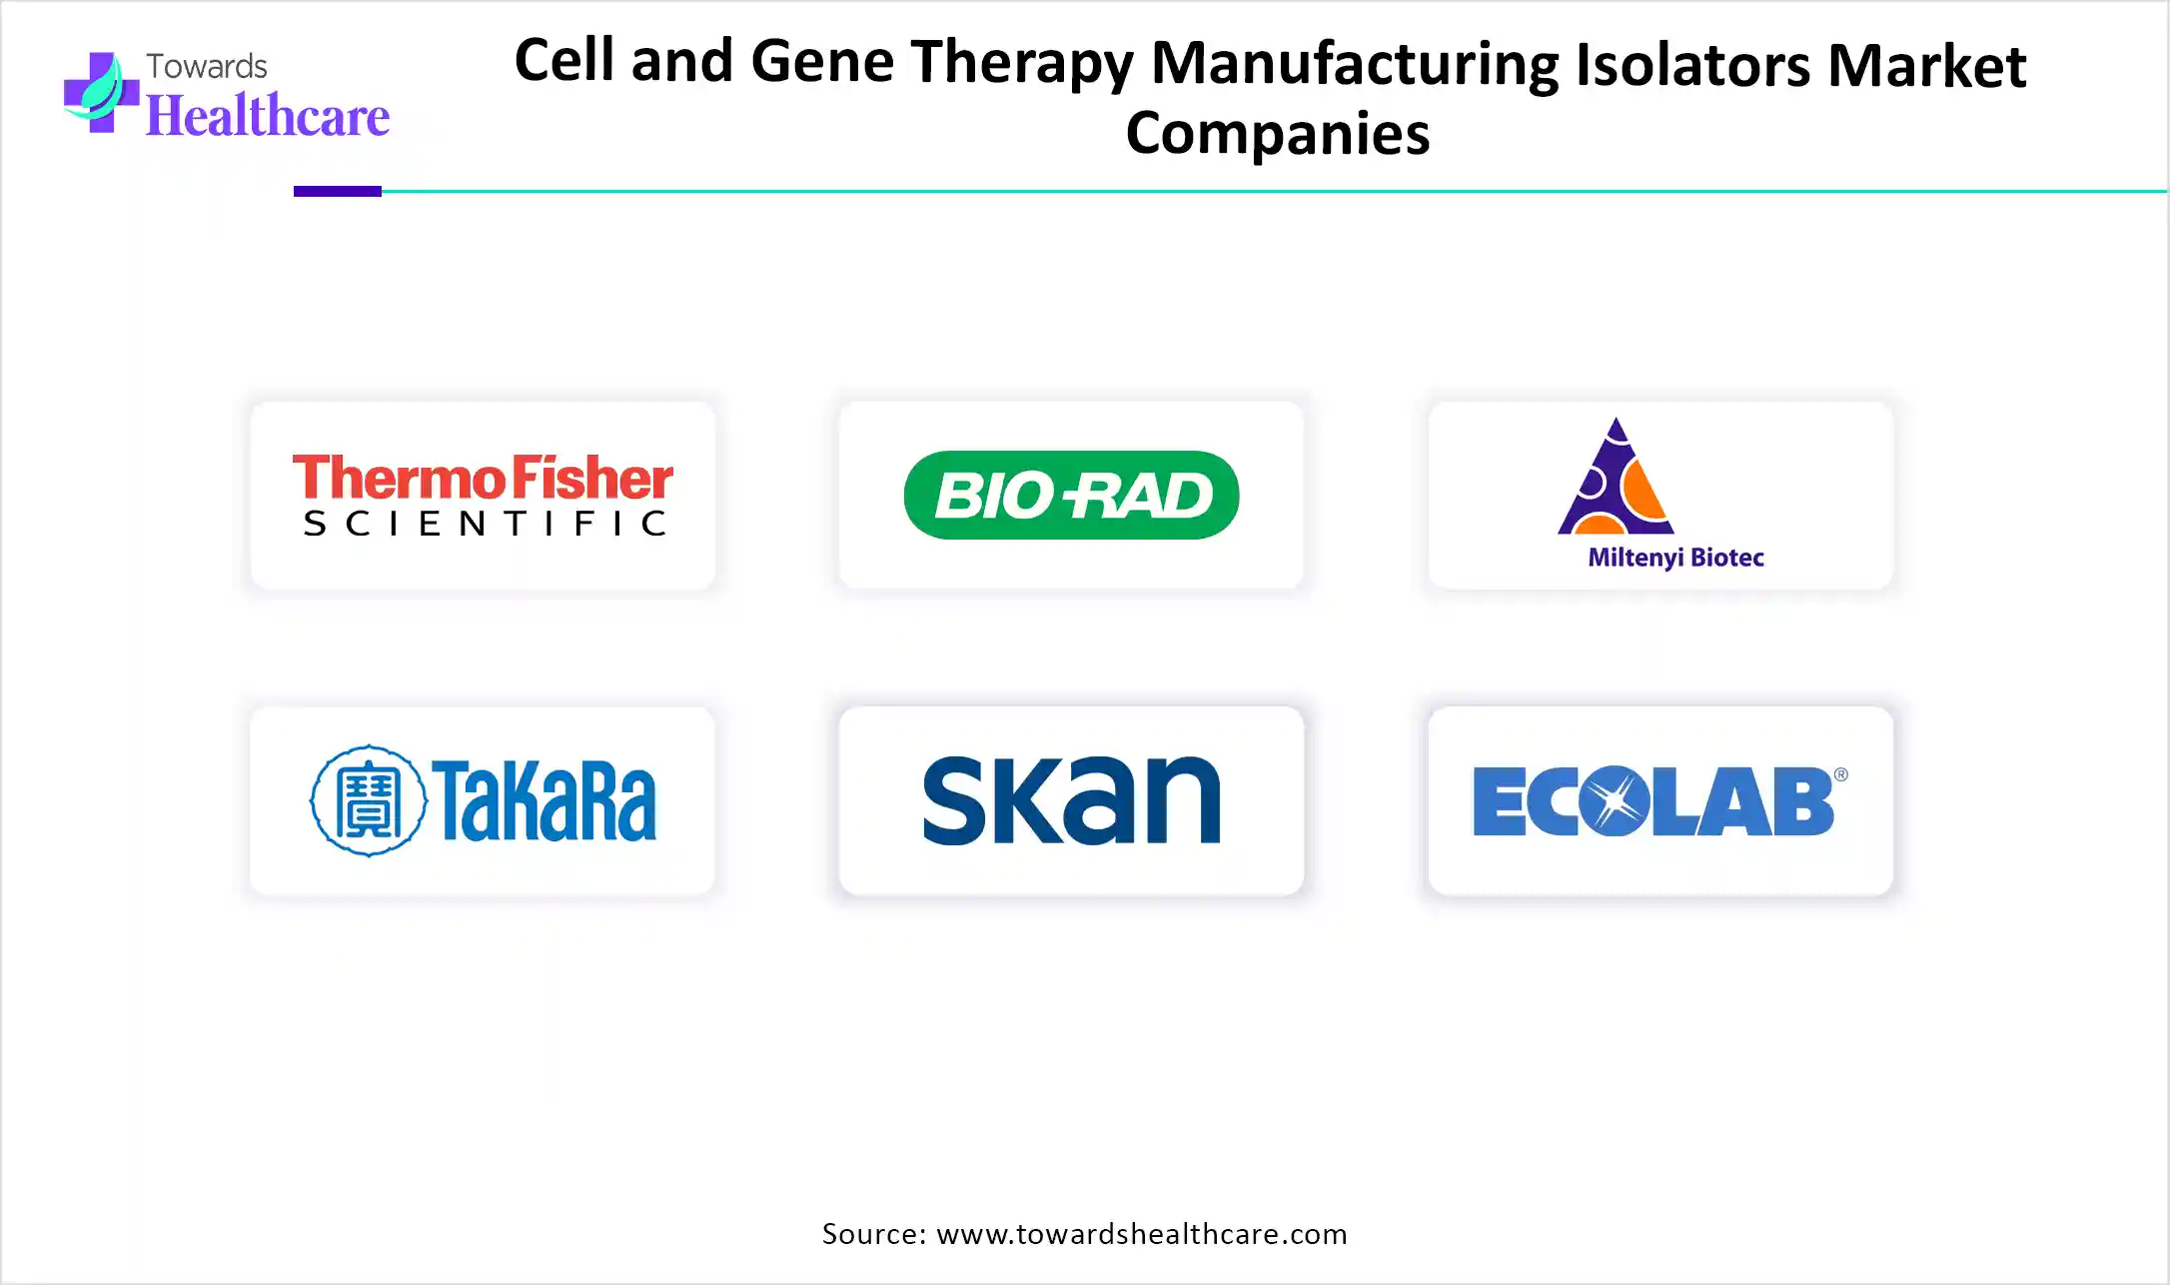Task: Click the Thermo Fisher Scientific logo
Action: pos(484,496)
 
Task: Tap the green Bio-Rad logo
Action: pos(1071,495)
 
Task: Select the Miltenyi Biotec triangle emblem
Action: pos(1616,477)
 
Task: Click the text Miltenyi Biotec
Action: pos(1675,558)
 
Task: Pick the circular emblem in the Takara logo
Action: pos(369,800)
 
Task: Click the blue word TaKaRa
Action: pos(544,800)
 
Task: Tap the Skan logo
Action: pos(1071,800)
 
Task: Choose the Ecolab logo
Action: pos(1659,800)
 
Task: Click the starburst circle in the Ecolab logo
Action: pos(1616,800)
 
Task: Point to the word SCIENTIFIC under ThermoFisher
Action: pos(486,523)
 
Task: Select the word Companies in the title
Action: pos(1278,134)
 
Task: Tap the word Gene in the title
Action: pos(821,61)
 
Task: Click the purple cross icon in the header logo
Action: pos(101,93)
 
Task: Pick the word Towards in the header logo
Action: pos(207,66)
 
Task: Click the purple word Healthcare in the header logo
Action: pos(268,116)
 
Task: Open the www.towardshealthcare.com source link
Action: pos(1142,1234)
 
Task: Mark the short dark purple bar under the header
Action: pos(338,191)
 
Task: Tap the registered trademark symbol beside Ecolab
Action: pos(1840,774)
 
